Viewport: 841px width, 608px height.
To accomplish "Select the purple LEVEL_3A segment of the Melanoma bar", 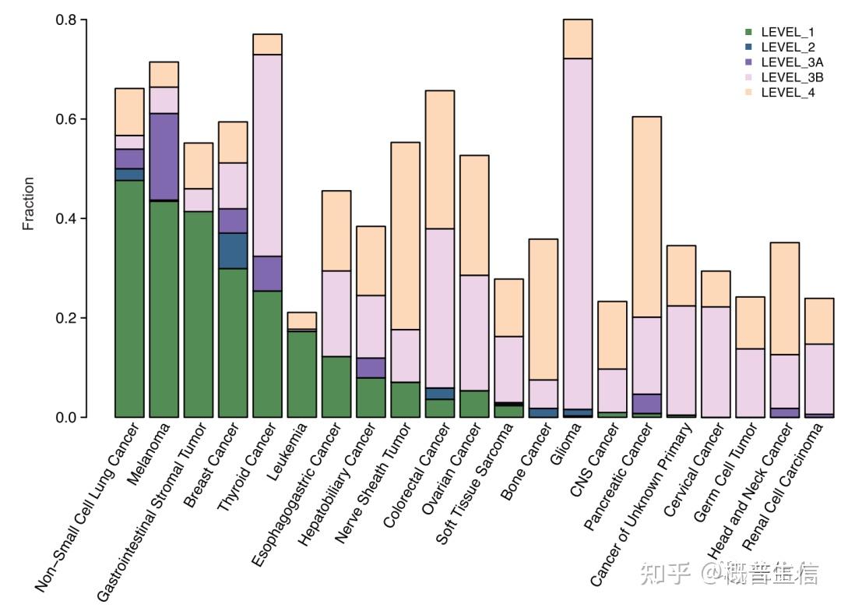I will [164, 157].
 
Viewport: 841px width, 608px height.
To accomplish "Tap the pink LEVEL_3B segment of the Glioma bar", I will [578, 234].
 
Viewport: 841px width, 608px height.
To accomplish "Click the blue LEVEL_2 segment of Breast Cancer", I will [233, 250].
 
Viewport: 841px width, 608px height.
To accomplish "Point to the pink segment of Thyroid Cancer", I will [267, 155].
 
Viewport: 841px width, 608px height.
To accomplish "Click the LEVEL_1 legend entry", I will [786, 33].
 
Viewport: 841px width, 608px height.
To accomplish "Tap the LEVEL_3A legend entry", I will [791, 62].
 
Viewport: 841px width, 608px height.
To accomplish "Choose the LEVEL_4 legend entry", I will [786, 92].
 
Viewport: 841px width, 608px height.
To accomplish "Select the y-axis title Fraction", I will [29, 203].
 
